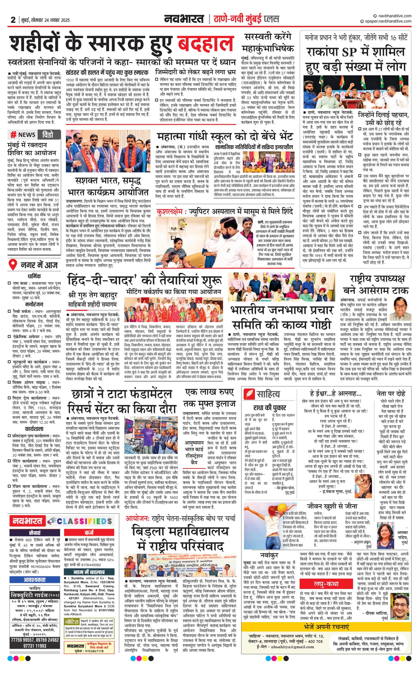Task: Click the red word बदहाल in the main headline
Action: coord(206,44)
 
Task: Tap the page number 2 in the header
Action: coord(13,20)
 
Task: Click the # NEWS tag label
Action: coord(23,135)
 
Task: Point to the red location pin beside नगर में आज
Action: coord(12,264)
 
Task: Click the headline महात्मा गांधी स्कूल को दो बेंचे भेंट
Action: coord(225,136)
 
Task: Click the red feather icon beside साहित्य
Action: coord(249,394)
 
